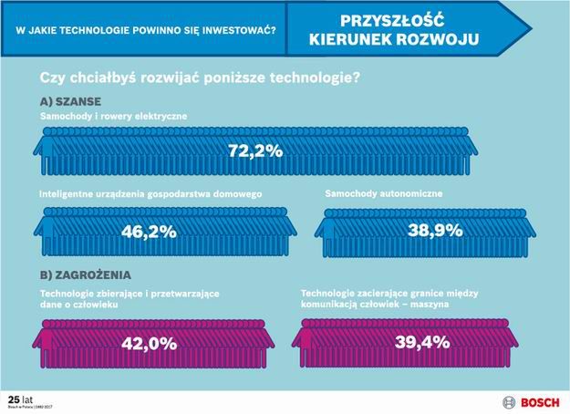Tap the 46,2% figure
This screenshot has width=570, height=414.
coord(149,232)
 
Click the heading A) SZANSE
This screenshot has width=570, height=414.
coord(70,100)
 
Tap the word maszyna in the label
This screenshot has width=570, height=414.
coord(427,305)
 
